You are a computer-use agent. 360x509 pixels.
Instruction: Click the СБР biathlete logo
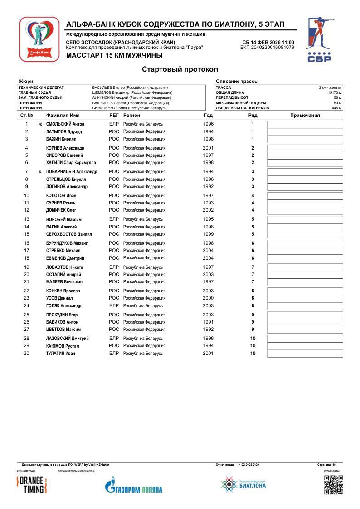coord(320,39)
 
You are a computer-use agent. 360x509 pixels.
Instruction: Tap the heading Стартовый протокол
coord(180,69)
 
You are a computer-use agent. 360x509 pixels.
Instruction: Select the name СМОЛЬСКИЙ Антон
coord(65,124)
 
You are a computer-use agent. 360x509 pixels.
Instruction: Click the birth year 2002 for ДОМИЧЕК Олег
coord(208,210)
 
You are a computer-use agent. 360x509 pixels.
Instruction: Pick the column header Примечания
coord(305,116)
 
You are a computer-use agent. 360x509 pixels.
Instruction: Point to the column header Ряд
coord(253,116)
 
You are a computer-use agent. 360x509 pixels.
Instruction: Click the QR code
coord(333,485)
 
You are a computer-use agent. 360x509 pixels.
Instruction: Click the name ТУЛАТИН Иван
coord(60,354)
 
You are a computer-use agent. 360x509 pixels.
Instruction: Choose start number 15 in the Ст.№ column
coord(27,234)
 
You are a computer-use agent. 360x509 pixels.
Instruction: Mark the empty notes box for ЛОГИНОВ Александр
coord(305,187)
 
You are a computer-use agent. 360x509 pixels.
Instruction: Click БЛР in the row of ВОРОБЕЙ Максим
coord(114,219)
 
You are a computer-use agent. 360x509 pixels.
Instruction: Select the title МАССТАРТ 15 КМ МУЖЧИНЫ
coord(114,56)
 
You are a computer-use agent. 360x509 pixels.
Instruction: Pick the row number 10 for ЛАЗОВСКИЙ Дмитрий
coord(253,339)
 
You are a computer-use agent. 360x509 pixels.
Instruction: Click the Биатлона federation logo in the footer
coord(243,485)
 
